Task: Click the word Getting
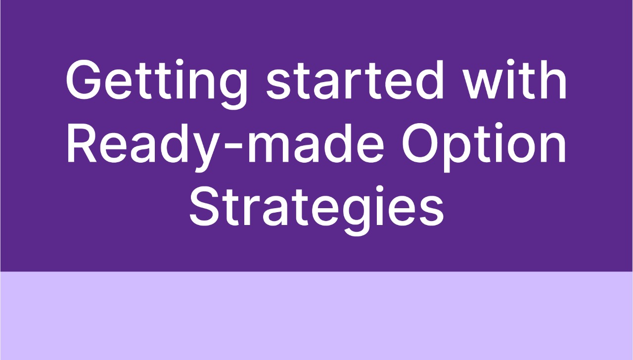tap(156, 84)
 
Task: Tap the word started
tap(355, 80)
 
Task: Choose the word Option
tap(484, 147)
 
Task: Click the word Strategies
tap(316, 210)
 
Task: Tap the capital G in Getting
tap(84, 80)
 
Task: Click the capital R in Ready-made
tap(82, 143)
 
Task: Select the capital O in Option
tap(420, 143)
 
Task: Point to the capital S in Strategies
tap(205, 206)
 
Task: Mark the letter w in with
tap(483, 85)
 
